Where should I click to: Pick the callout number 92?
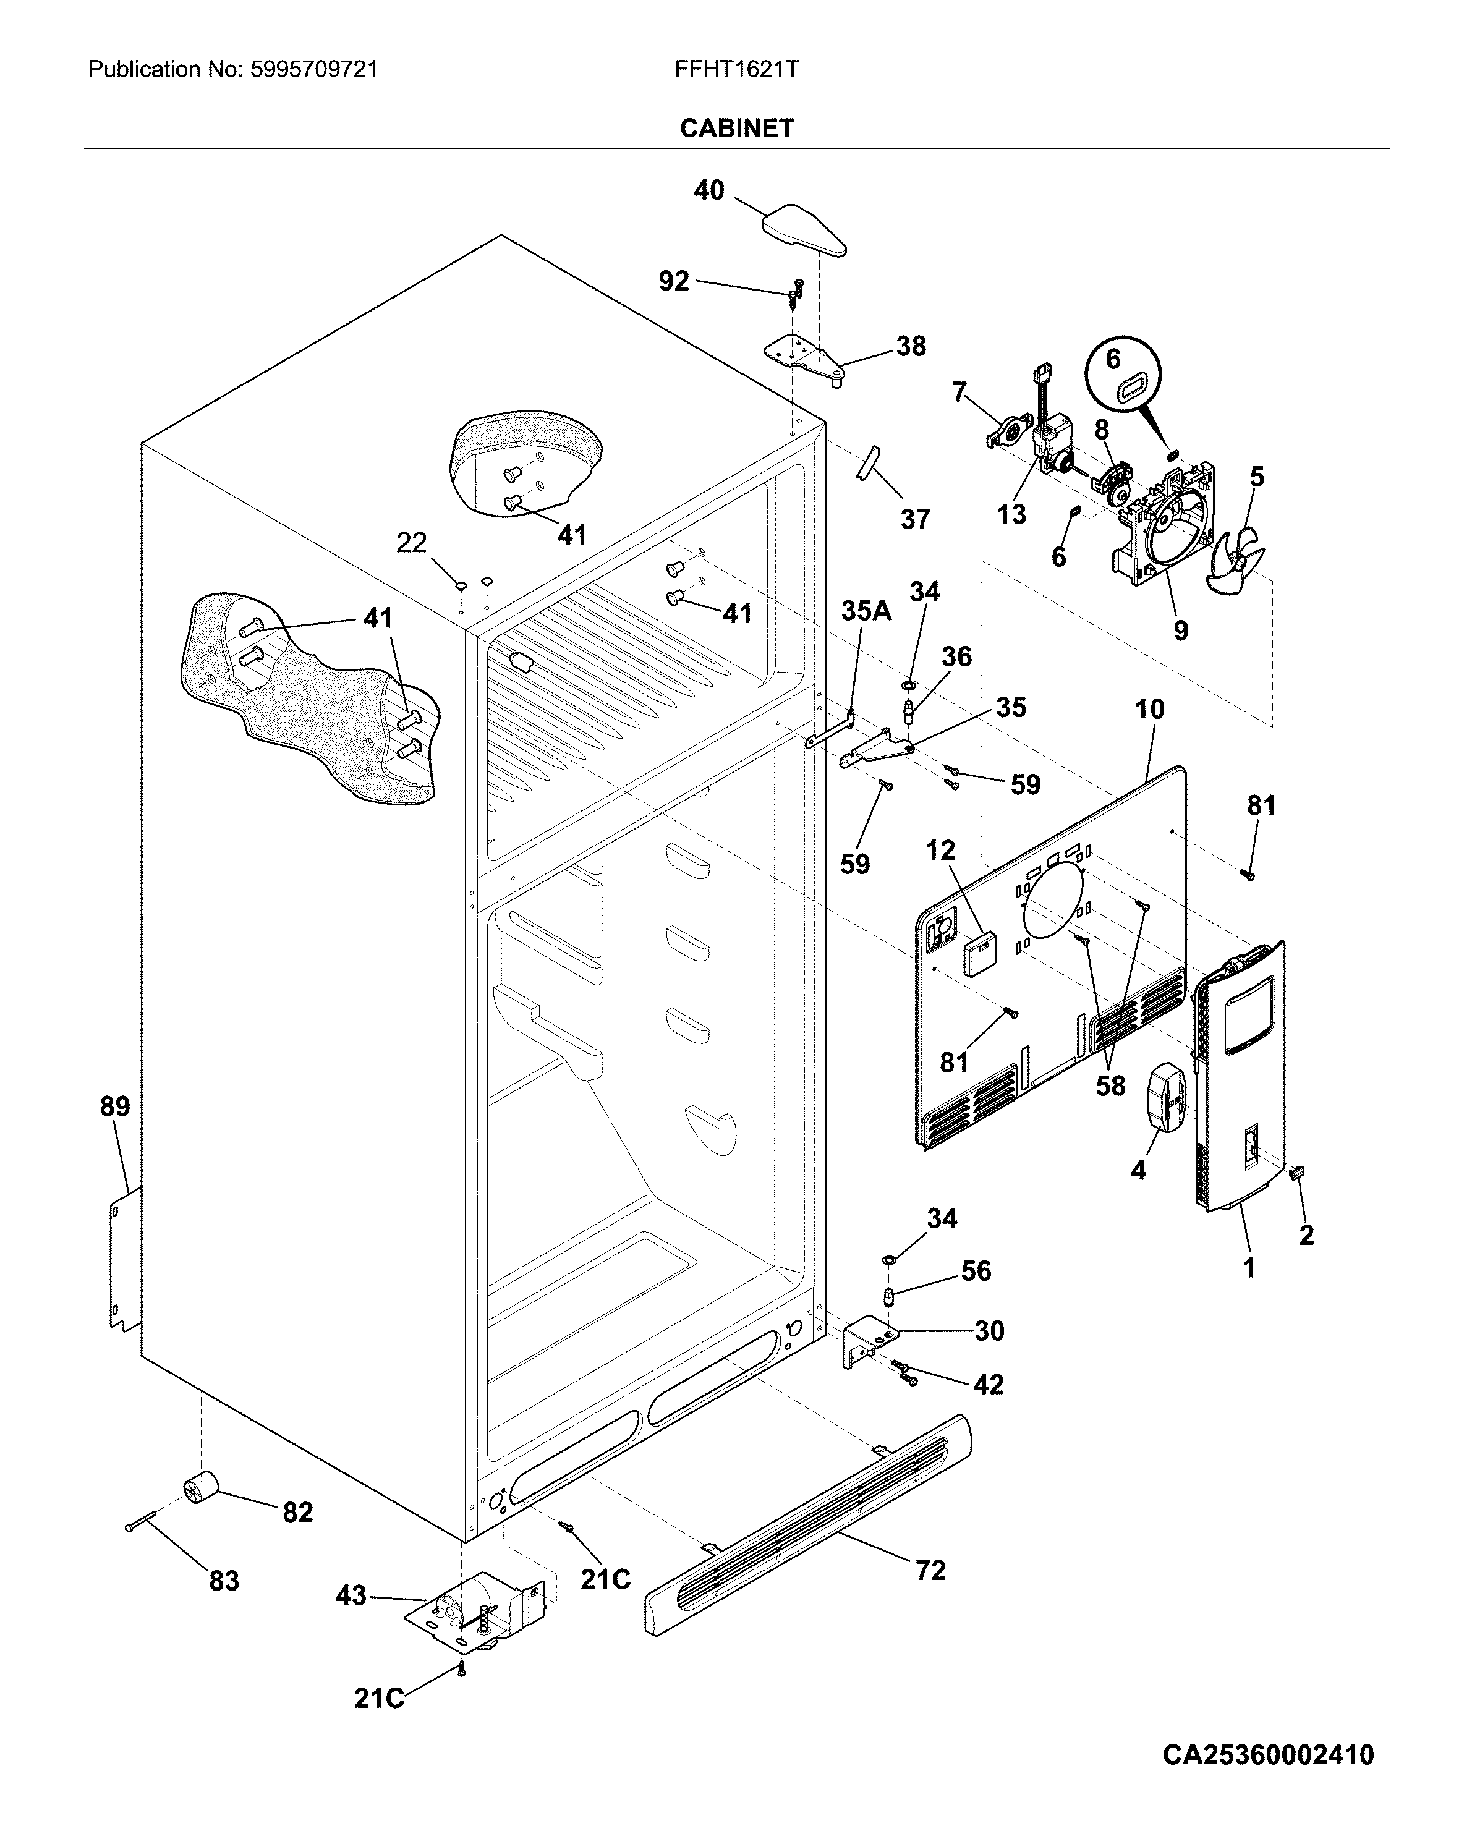coord(674,280)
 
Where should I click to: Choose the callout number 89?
coord(115,1106)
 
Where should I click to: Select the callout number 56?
coord(977,1271)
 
